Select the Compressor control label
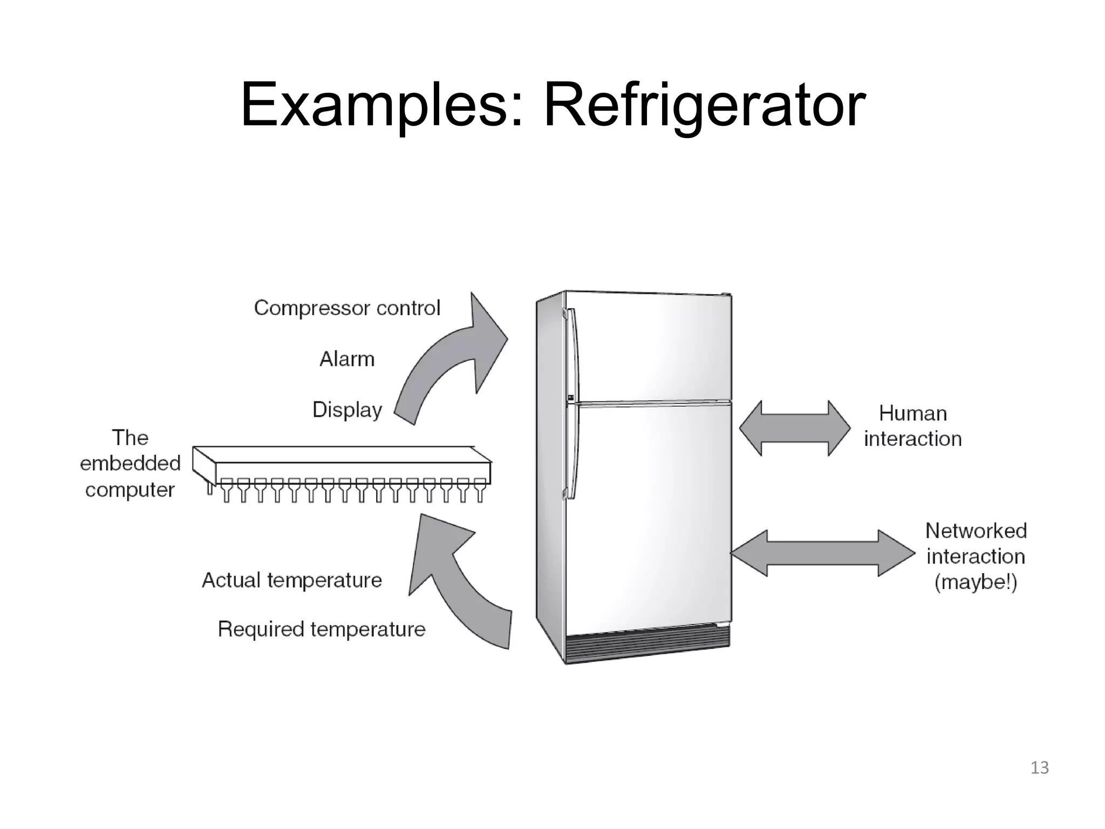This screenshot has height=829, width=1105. click(x=347, y=308)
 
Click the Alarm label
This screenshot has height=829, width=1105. click(x=347, y=359)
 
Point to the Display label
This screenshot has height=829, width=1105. click(x=347, y=410)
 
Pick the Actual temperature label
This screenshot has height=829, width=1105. click(x=291, y=580)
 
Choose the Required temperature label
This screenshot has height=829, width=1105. click(x=322, y=629)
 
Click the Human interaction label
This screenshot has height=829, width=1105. click(x=912, y=426)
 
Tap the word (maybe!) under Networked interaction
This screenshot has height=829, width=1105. click(x=976, y=582)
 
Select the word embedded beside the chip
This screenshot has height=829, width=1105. click(x=130, y=463)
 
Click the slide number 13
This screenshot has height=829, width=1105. click(x=1039, y=767)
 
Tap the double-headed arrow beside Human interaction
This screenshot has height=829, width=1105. click(x=794, y=429)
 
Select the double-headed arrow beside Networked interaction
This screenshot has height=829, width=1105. click(x=822, y=553)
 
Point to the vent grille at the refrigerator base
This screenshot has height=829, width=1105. click(x=647, y=645)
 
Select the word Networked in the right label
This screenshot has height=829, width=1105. click(x=976, y=531)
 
